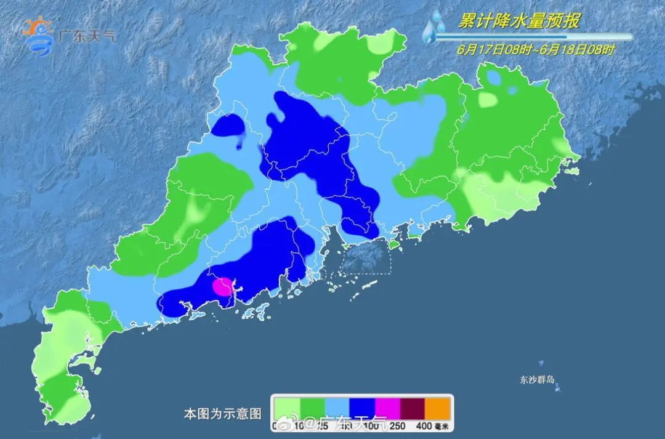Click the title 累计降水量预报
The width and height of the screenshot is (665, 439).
(518, 22)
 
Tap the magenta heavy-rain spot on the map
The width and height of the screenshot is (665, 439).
(222, 286)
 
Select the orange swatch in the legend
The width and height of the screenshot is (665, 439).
(438, 407)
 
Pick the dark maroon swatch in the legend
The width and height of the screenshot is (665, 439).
(413, 407)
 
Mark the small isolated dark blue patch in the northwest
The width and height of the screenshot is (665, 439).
(227, 126)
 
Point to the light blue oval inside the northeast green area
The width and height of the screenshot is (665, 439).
(493, 78)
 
